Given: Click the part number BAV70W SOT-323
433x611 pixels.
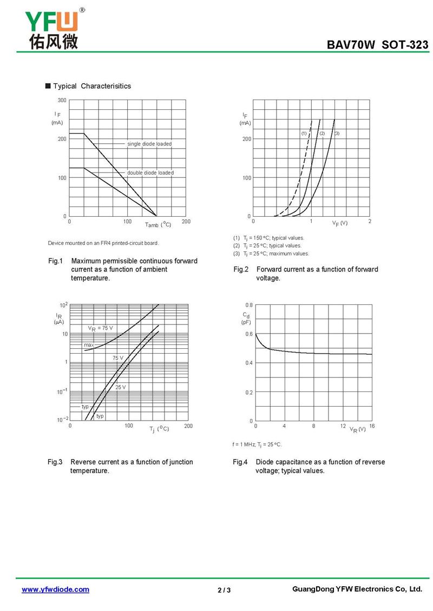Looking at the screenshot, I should [377, 45].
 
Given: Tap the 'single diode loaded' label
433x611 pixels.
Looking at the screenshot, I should [149, 144].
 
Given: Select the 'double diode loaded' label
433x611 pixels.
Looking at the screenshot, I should [150, 172].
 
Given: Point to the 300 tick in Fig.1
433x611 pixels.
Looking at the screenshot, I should [62, 101].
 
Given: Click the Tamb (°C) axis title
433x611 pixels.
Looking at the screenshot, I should [158, 224].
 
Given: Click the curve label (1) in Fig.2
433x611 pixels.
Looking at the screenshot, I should [304, 133].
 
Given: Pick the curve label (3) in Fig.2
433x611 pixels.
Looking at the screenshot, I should [337, 133].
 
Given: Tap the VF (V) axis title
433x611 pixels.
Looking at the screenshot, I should [340, 223].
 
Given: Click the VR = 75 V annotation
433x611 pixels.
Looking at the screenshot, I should [101, 328].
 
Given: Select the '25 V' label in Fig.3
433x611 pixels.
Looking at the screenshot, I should [120, 387].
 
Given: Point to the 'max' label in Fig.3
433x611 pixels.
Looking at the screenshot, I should [89, 344].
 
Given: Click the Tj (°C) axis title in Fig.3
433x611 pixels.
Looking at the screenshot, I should [159, 429].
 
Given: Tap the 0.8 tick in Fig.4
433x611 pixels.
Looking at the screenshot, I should [248, 305].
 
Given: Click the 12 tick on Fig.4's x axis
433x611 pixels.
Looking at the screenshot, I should [343, 426].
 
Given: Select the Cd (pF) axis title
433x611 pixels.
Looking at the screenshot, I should [246, 318].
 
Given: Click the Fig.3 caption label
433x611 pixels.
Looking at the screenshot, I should [55, 462].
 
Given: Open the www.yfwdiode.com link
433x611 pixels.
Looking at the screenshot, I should [55, 589].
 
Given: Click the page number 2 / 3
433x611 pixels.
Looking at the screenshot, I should [224, 590].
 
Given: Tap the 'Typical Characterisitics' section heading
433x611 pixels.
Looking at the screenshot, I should [91, 86].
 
